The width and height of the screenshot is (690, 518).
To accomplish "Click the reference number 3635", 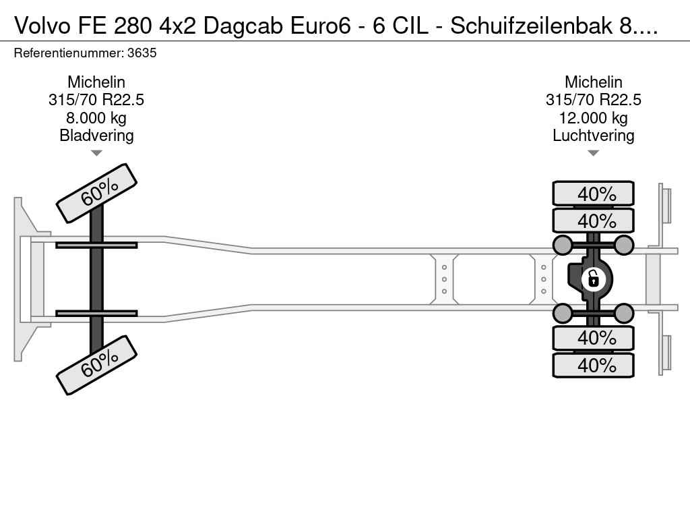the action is tap(142, 53).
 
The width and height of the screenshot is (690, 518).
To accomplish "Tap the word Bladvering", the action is tap(96, 135).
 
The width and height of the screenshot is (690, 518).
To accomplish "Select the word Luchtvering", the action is tap(593, 135).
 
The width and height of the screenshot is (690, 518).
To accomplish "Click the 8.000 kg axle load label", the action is tap(96, 117).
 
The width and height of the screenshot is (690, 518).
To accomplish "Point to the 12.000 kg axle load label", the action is tap(593, 117).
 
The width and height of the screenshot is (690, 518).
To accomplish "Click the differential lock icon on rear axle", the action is tap(593, 279).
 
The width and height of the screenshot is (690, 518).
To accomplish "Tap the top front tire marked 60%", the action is tap(96, 194).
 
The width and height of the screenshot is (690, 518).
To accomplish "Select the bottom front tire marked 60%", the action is tap(96, 365).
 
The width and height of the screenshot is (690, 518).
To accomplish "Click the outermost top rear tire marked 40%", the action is tap(593, 194).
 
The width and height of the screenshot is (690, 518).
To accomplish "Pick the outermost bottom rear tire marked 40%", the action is tap(593, 365).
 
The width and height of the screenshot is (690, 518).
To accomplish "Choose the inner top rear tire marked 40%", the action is tap(593, 221).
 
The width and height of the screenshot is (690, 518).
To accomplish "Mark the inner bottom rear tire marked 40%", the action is tap(593, 338).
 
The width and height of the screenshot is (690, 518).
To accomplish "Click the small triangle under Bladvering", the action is tap(96, 153).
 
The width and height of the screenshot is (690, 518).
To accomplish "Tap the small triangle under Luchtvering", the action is tap(593, 153).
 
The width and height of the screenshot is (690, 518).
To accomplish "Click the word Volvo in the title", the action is tap(42, 26).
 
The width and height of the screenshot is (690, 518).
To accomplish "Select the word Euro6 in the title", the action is tap(320, 26).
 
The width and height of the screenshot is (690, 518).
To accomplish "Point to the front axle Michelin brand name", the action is tap(96, 82).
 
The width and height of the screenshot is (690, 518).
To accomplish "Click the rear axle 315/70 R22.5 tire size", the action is tap(593, 100).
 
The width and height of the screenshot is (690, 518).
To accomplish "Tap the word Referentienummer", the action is tap(69, 53).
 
